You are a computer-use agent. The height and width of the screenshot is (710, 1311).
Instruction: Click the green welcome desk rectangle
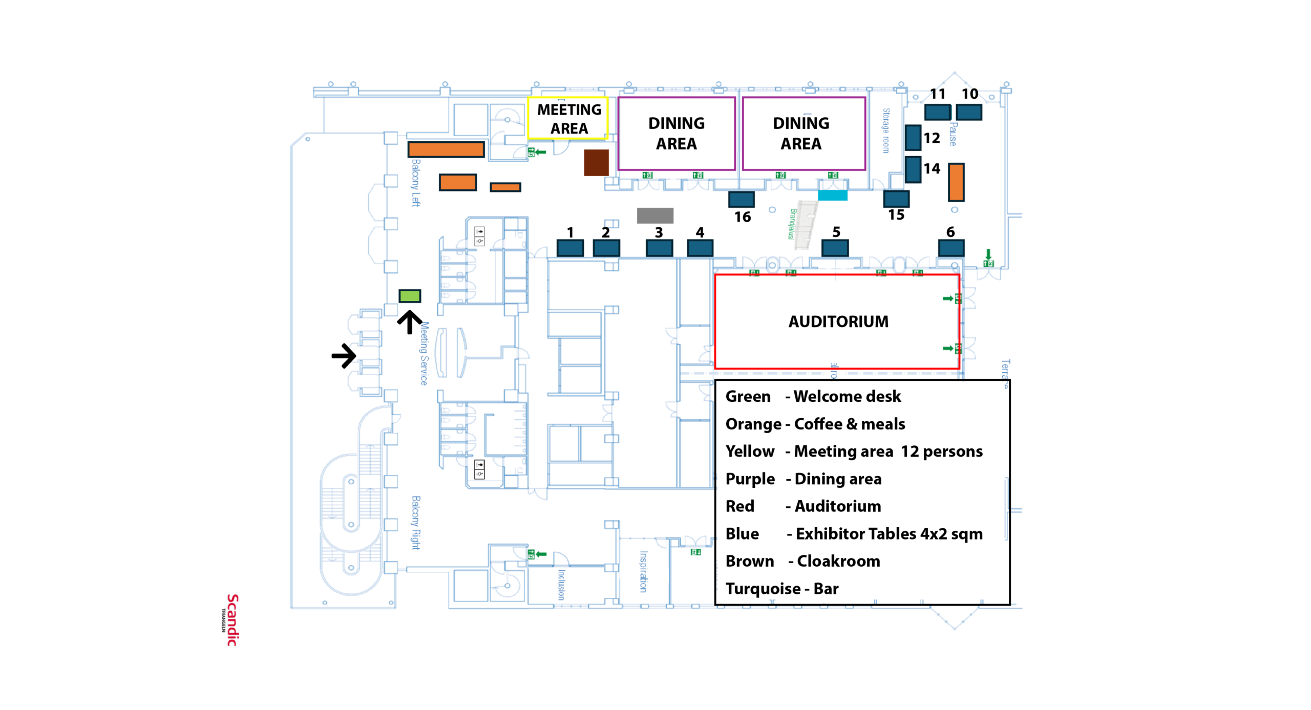pos(409,296)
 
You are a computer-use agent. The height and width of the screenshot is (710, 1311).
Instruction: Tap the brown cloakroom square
pos(596,163)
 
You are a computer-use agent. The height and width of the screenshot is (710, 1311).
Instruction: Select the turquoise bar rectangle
pos(832,195)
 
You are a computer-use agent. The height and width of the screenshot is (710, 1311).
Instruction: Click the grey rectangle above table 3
pos(655,216)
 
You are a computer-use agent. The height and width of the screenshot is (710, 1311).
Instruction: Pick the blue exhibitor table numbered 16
pos(741,199)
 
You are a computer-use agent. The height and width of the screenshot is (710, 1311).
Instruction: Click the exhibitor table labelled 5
pos(835,248)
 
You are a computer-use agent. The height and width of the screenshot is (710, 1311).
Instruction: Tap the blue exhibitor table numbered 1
pos(570,248)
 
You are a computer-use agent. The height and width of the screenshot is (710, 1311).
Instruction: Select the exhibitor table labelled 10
pos(968,112)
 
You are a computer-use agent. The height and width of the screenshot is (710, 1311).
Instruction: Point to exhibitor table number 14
pos(913,169)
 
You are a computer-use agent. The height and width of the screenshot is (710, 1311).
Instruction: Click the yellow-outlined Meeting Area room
pos(568,118)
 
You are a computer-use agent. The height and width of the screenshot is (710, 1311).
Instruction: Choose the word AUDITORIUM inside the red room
pos(838,321)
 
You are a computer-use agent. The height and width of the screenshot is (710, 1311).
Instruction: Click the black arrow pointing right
pos(344,356)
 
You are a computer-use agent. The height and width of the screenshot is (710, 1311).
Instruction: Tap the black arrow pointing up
pos(409,322)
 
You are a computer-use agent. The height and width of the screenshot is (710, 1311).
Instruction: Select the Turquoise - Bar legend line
pos(781,588)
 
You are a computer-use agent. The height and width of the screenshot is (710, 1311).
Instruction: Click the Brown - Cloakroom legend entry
pos(802,561)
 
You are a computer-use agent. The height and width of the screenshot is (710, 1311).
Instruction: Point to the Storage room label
pos(886,131)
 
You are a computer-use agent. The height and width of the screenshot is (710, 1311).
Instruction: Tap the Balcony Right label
pos(416,522)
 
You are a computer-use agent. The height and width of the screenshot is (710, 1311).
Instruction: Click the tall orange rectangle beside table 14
pos(956,182)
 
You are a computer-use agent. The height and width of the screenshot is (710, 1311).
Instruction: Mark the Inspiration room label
pos(643,571)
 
